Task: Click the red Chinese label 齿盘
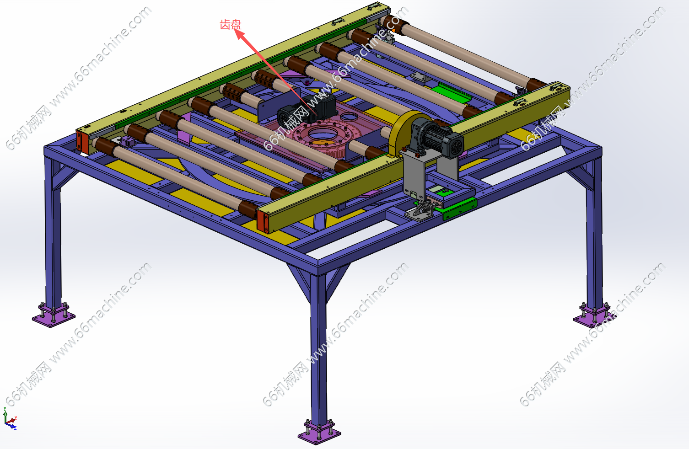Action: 231,25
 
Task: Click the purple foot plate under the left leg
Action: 54,315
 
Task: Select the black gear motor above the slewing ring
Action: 306,109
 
